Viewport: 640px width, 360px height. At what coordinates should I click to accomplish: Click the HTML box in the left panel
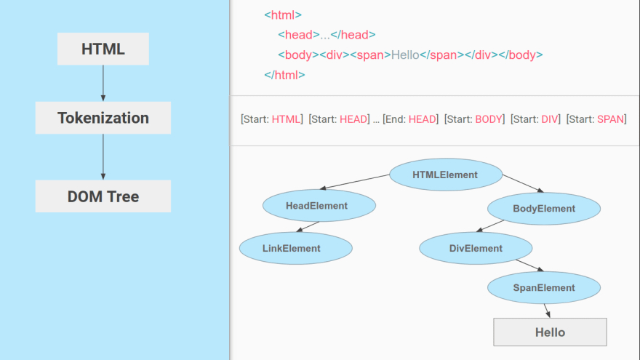point(103,49)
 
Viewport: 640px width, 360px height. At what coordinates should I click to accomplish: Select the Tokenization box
point(103,118)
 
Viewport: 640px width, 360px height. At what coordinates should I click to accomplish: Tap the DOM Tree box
point(103,196)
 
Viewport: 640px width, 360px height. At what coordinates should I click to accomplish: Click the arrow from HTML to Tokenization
point(103,83)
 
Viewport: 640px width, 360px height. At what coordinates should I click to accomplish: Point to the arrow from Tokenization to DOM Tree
point(103,157)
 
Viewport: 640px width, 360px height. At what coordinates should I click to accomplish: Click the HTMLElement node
point(445,175)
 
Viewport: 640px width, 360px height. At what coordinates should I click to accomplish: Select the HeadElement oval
point(316,206)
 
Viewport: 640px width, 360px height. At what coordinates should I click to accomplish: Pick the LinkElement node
point(291,249)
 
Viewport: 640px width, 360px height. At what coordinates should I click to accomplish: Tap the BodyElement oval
point(543,209)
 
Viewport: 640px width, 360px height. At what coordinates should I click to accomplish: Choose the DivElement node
point(476,249)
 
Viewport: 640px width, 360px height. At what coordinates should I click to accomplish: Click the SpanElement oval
point(543,288)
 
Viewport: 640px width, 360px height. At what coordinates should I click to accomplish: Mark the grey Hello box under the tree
point(550,332)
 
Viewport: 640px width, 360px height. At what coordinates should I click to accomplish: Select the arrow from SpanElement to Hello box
point(547,311)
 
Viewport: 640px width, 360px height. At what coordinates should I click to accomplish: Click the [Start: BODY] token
point(474,119)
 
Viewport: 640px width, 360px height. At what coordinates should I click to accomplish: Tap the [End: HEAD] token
point(410,119)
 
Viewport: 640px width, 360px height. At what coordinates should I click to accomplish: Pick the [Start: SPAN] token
point(596,119)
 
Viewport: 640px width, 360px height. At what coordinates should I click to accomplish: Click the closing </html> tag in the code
point(284,75)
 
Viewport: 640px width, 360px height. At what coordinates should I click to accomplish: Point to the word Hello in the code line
point(405,55)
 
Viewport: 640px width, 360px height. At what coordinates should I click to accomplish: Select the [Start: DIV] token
point(535,119)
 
